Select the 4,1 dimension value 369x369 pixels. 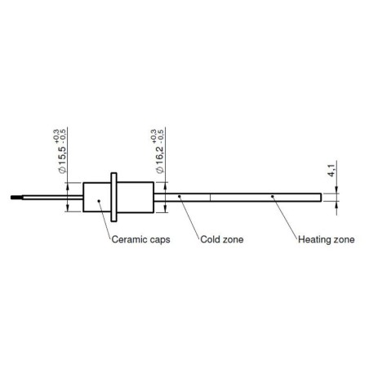point(330,172)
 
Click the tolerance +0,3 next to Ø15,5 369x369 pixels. point(56,134)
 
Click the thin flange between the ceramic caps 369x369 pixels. point(115,197)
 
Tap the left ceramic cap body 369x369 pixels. point(96,197)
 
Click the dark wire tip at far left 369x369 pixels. point(17,197)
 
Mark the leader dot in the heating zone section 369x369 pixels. point(271,197)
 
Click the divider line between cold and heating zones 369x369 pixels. point(211,197)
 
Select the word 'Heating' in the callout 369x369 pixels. point(313,240)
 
